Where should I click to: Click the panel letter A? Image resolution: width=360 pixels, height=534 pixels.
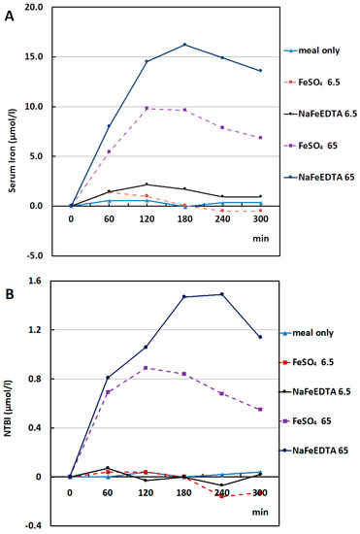[x=9, y=16]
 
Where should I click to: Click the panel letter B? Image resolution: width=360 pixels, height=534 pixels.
[x=9, y=294]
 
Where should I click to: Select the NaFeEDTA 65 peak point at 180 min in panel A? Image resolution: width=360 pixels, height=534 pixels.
[x=184, y=45]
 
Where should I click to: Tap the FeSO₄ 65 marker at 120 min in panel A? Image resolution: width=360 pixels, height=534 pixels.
[x=147, y=109]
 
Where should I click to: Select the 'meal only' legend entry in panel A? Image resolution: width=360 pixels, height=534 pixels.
[x=312, y=50]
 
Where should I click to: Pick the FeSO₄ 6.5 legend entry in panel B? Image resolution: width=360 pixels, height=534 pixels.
[x=307, y=362]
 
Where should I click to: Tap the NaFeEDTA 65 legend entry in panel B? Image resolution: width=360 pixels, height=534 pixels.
[x=313, y=451]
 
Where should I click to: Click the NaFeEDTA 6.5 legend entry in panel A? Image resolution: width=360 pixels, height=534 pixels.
[x=321, y=114]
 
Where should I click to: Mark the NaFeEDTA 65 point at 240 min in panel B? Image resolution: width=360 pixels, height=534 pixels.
[x=222, y=294]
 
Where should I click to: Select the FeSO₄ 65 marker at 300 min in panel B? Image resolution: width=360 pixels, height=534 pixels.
[x=260, y=409]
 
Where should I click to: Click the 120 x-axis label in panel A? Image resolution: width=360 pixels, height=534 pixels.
[x=147, y=218]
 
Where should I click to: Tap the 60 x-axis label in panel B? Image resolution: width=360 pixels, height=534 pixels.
[x=108, y=492]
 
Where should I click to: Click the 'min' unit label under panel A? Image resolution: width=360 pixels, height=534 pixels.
[x=261, y=238]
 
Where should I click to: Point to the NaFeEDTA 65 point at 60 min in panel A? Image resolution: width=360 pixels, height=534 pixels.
[x=109, y=126]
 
